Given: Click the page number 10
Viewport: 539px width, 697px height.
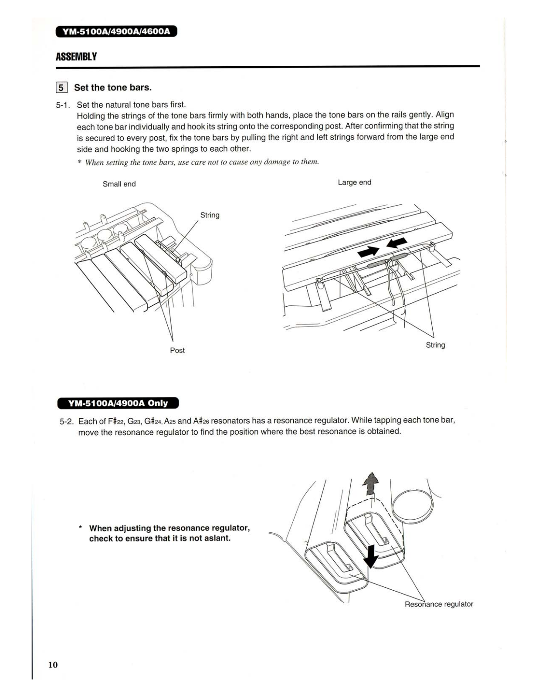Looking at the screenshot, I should pos(53,664).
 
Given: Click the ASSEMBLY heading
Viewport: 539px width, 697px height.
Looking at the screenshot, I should pos(76,57).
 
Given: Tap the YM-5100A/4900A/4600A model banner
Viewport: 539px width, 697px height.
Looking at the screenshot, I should pos(116,32).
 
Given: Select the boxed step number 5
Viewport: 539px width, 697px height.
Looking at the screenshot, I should pos(61,88).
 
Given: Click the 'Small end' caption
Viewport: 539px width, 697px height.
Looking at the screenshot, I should pos(119,184).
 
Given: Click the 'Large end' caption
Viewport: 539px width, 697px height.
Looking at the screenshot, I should pos(354,182).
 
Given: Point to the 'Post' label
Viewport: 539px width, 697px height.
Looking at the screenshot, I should pos(177,350).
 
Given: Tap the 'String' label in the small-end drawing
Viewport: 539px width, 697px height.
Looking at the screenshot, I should pos(210,215).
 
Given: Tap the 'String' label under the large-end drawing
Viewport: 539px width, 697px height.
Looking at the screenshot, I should pos(435,345).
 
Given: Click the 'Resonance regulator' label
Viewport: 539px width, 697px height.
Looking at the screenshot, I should pos(438,604).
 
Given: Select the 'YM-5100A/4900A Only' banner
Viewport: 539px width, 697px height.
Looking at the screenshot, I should pos(118,403).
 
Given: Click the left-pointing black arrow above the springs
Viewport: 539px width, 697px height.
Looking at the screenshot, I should pos(397,243).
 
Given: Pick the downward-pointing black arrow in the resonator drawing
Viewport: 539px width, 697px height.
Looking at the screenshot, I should pos(370,556).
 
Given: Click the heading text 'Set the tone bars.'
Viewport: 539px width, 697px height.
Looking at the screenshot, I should pos(113,88).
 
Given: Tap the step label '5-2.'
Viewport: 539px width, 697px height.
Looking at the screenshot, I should pos(67,422).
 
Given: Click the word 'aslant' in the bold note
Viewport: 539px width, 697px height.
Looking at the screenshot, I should pos(217,538).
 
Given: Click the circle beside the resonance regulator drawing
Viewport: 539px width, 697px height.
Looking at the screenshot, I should pos(413,506).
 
